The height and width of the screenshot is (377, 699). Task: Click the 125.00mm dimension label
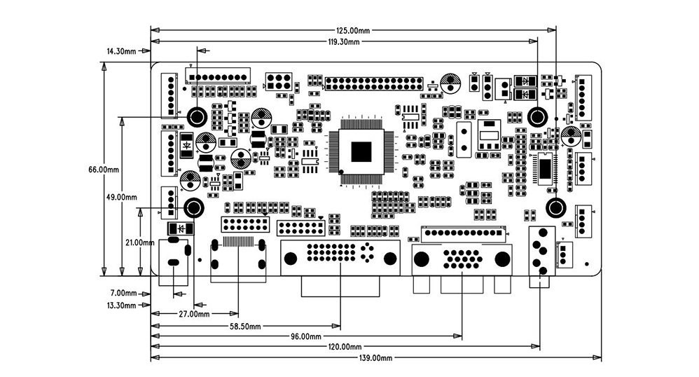point(352,31)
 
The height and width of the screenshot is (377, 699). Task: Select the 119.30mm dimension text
point(343,42)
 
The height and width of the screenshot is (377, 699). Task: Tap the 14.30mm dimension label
point(121,51)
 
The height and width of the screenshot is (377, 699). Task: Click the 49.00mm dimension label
point(122,197)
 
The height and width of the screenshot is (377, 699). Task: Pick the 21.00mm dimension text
point(140,242)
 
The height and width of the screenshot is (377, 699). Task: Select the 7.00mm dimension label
point(123,293)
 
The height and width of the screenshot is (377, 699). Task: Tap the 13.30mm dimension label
point(121,306)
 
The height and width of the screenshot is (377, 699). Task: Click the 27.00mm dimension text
point(194,314)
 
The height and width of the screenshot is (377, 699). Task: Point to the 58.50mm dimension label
point(245,327)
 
